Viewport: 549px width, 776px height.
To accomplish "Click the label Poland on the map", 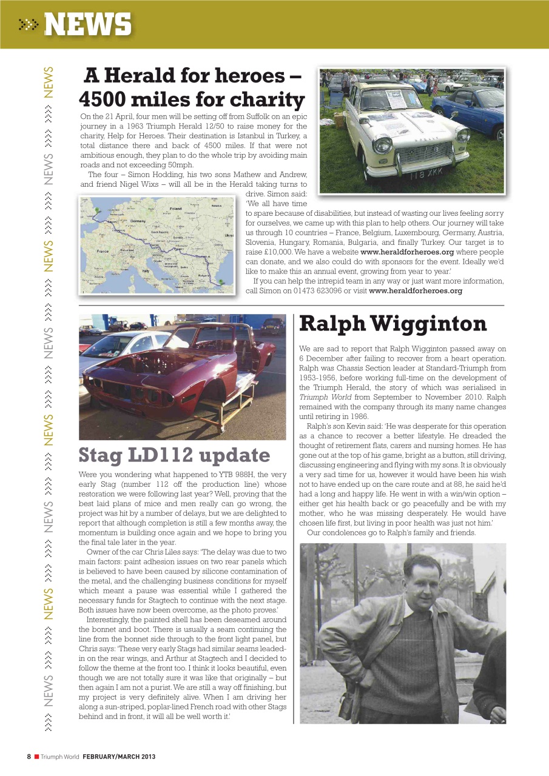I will click(176, 209).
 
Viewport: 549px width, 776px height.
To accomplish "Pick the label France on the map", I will click(103, 250).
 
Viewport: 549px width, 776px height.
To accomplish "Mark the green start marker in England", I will click(96, 212).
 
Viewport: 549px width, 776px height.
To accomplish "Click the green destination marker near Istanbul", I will click(223, 281).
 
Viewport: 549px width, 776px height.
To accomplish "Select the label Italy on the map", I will click(145, 270).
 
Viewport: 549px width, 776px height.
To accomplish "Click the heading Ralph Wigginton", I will click(392, 324).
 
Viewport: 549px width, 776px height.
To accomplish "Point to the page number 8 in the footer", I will click(29, 757).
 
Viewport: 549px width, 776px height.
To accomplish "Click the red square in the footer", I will click(36, 757).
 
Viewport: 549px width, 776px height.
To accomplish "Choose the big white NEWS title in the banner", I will click(87, 25).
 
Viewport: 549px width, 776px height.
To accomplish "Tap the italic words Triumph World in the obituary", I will click(323, 397).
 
